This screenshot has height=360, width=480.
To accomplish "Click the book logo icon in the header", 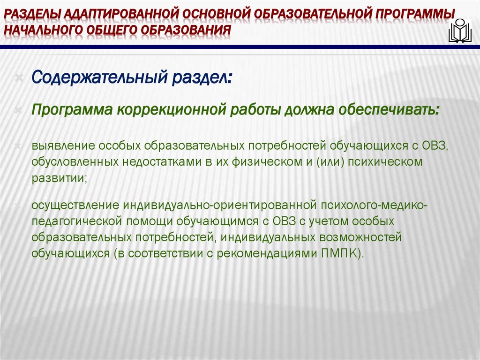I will coord(460,31).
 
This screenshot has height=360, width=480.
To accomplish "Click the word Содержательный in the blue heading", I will coord(95,77).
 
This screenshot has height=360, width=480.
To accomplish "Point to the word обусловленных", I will coord(75,162).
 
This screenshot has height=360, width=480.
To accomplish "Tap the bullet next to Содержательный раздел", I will coord(19,77).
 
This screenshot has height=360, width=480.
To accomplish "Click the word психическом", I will coord(384,162).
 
